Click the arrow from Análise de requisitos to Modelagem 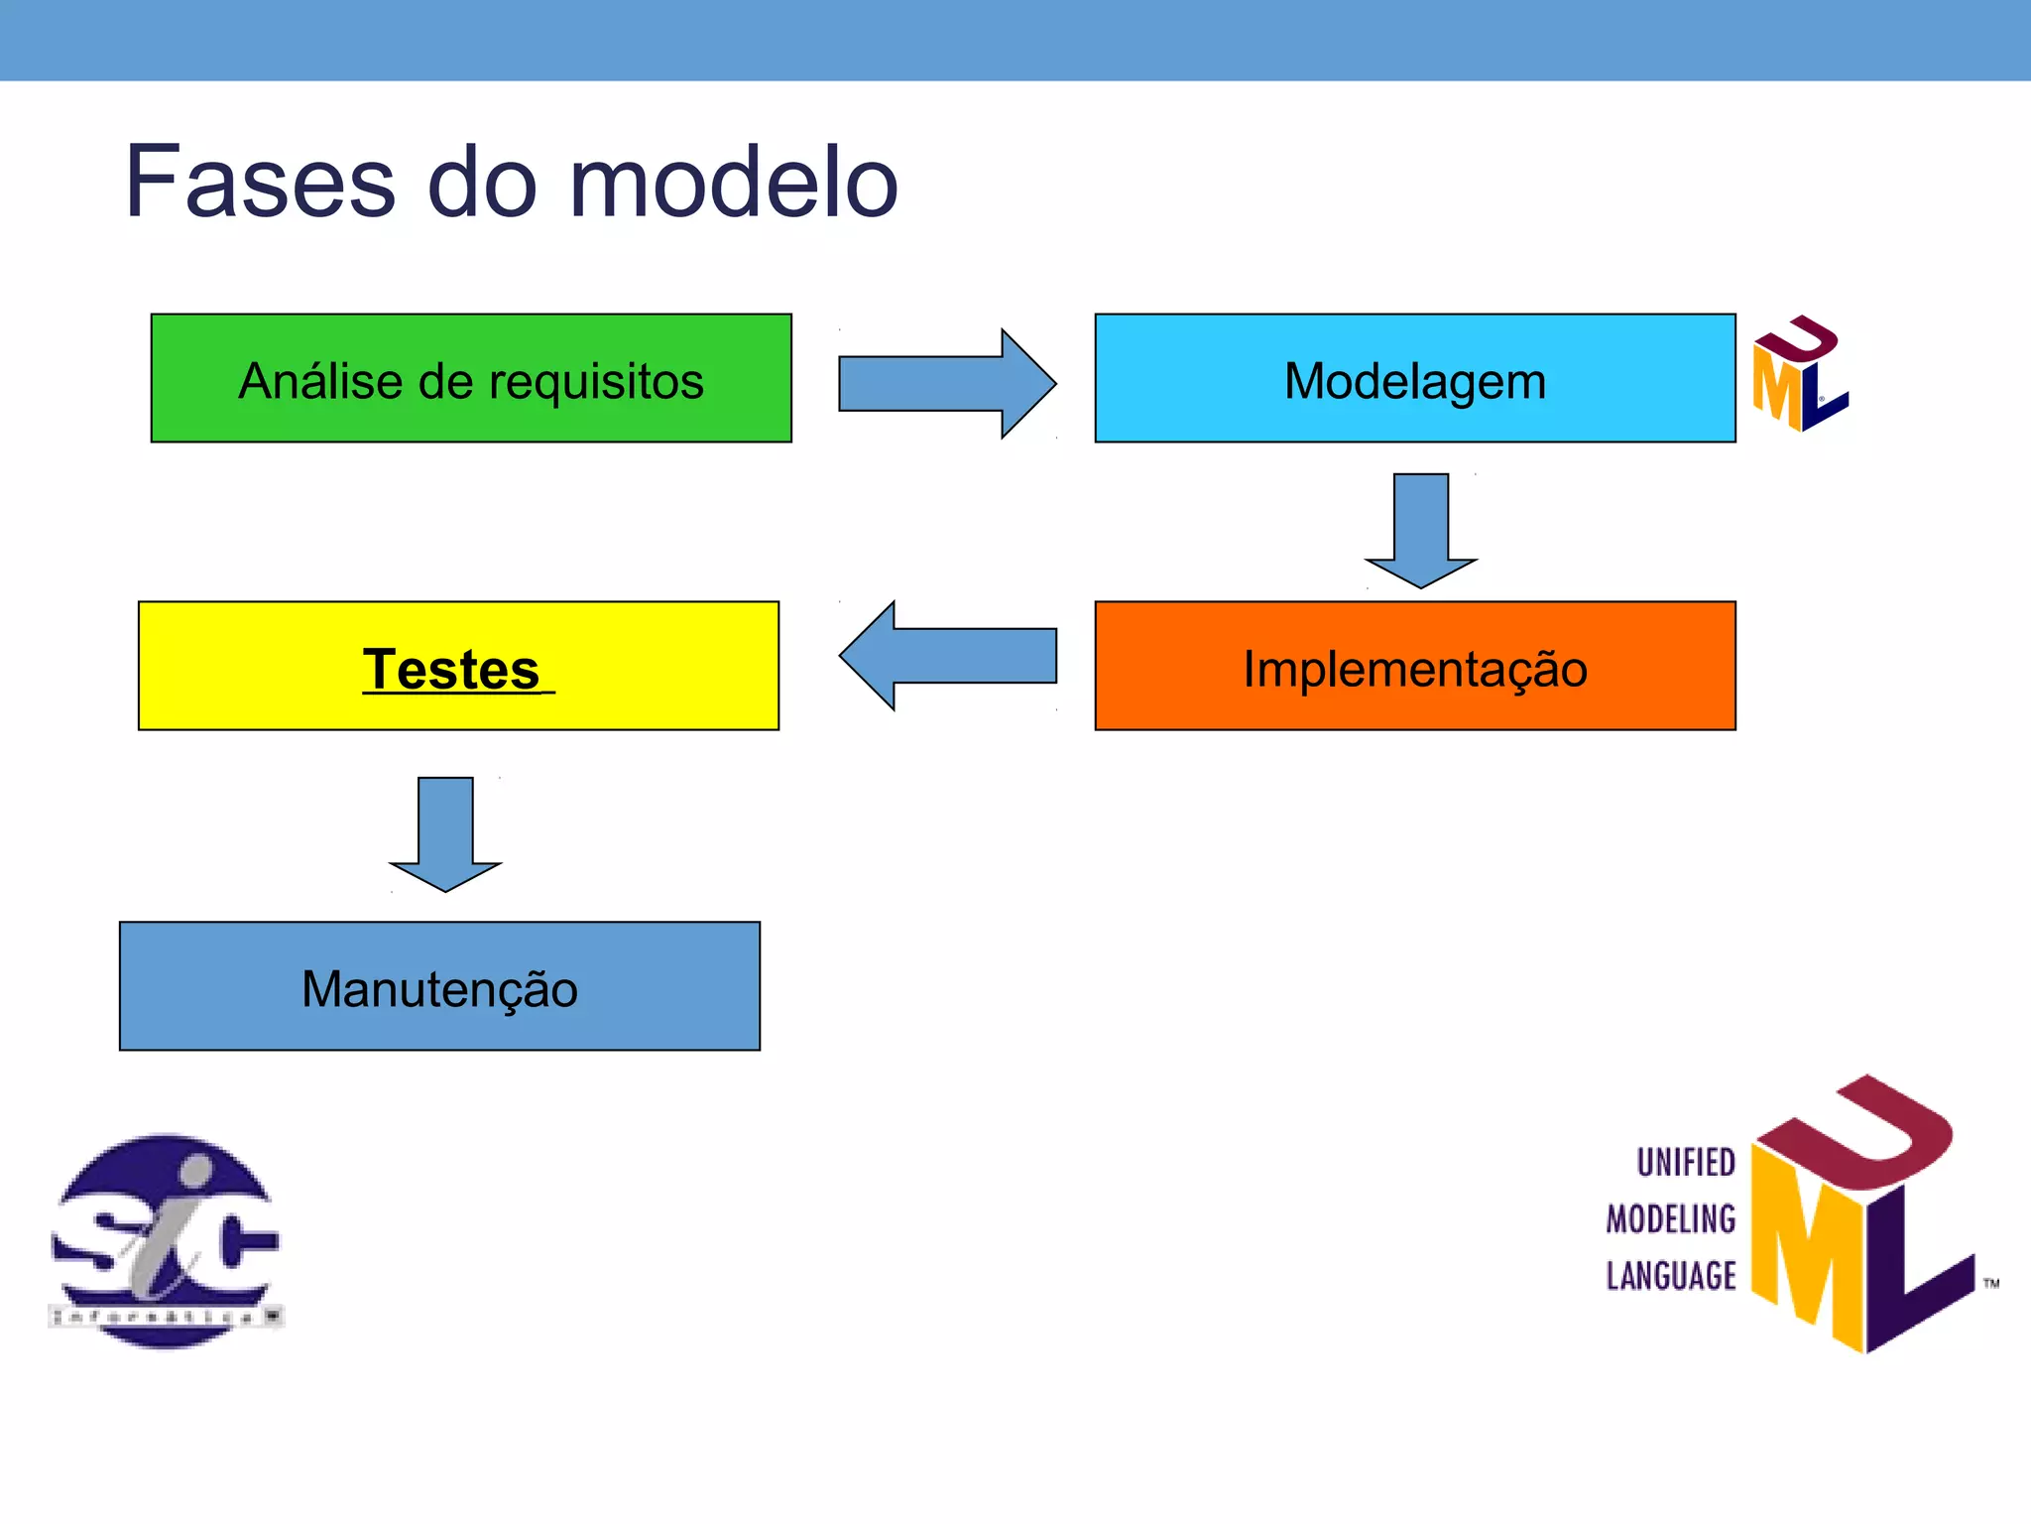pyautogui.click(x=947, y=383)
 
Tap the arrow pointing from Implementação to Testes pyautogui.click(x=947, y=656)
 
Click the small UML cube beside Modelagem pyautogui.click(x=1799, y=374)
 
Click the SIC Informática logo pyautogui.click(x=167, y=1240)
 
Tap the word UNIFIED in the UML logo pyautogui.click(x=1685, y=1162)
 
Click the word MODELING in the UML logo pyautogui.click(x=1671, y=1218)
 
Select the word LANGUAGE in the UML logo pyautogui.click(x=1671, y=1275)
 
